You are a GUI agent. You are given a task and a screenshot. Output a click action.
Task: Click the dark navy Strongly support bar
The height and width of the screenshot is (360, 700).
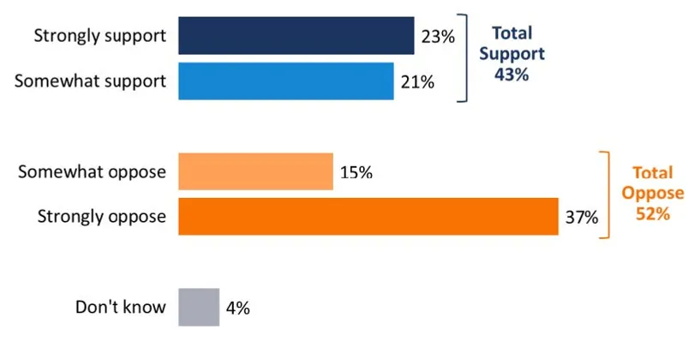[296, 36]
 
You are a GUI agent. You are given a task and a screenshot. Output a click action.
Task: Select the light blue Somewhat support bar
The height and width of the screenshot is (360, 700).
[285, 81]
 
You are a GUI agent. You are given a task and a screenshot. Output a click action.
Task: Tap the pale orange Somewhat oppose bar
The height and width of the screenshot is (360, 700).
[255, 171]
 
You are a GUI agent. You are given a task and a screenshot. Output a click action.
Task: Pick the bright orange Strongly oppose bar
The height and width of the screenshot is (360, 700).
[368, 216]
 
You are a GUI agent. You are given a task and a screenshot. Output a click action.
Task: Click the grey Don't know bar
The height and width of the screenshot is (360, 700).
[199, 307]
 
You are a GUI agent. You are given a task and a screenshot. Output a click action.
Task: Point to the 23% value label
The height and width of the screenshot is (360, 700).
[439, 37]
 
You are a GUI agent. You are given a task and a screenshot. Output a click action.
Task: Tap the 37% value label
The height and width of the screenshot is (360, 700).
[581, 217]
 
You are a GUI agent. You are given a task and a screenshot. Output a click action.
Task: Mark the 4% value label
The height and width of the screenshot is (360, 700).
[238, 308]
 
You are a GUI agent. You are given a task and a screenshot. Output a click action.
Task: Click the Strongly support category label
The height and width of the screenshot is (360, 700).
[99, 37]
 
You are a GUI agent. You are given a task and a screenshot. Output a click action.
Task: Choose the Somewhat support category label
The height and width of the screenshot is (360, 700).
[91, 82]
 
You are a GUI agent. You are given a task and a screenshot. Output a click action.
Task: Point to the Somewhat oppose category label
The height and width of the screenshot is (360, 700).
[92, 172]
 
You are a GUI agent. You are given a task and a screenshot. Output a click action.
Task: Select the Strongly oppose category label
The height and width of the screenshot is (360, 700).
[101, 217]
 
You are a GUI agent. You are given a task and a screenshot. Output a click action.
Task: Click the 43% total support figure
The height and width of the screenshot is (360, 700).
[512, 75]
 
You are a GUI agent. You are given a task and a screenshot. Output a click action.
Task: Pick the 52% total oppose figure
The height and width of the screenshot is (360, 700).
[653, 213]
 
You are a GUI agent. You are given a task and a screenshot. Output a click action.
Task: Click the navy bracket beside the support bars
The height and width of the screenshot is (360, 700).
[465, 58]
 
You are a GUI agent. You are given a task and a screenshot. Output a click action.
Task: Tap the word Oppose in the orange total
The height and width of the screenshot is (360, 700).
[653, 192]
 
